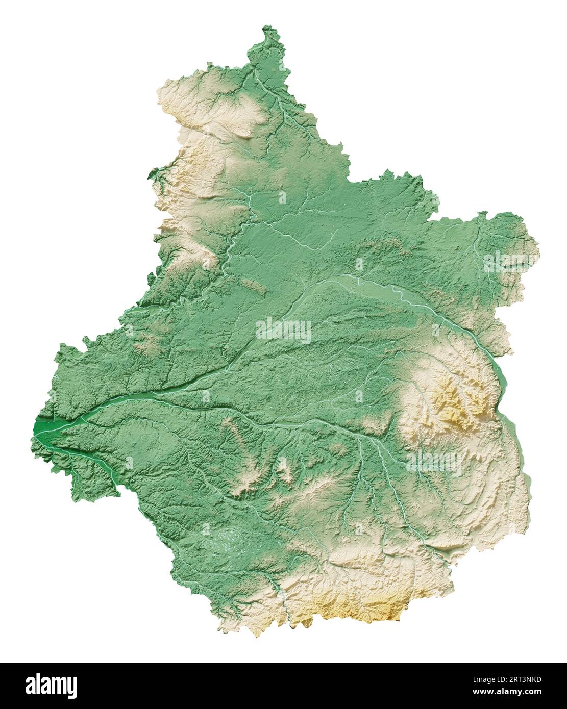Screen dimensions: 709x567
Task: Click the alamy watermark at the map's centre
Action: pyautogui.click(x=283, y=331)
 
